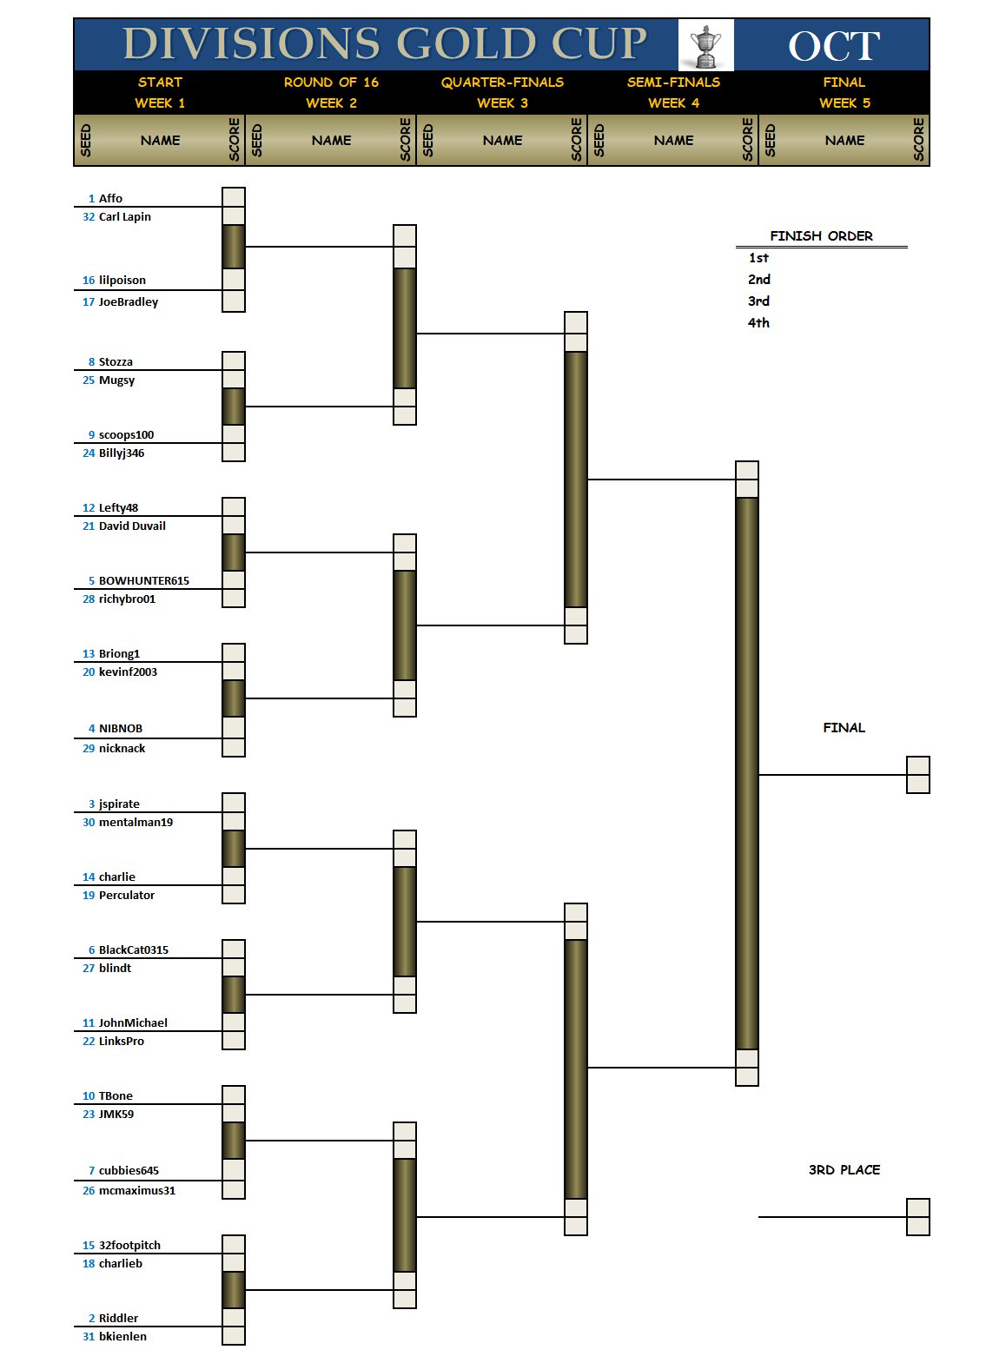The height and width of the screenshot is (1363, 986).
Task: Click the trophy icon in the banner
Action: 705,46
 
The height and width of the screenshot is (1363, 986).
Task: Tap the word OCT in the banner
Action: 834,46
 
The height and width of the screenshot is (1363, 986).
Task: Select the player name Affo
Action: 110,198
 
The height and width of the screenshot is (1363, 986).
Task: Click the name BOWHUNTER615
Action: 143,580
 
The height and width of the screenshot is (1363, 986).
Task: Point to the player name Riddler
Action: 118,1318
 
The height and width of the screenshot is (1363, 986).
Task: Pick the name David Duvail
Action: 132,526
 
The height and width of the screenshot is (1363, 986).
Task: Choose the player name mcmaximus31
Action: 137,1190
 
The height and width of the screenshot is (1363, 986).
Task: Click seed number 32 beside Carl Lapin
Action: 89,216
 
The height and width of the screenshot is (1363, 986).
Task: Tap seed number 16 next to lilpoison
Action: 89,280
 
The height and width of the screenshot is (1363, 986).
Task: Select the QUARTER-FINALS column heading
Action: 502,83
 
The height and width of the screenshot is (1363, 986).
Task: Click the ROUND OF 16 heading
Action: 331,83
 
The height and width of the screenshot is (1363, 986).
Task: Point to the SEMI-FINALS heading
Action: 673,83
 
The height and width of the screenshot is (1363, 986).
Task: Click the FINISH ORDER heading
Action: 821,235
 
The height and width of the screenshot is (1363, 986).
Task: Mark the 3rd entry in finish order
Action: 758,301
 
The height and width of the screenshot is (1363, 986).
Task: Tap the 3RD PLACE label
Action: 844,1169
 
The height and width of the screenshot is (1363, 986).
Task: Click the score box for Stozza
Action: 234,361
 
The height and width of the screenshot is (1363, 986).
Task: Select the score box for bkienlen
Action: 234,1335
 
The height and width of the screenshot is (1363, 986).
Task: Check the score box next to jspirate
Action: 234,803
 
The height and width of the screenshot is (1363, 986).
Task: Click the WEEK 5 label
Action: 844,103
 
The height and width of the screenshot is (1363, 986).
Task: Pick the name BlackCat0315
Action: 133,949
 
